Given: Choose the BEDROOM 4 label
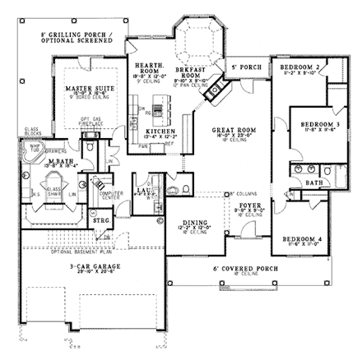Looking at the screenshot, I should (300, 238).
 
